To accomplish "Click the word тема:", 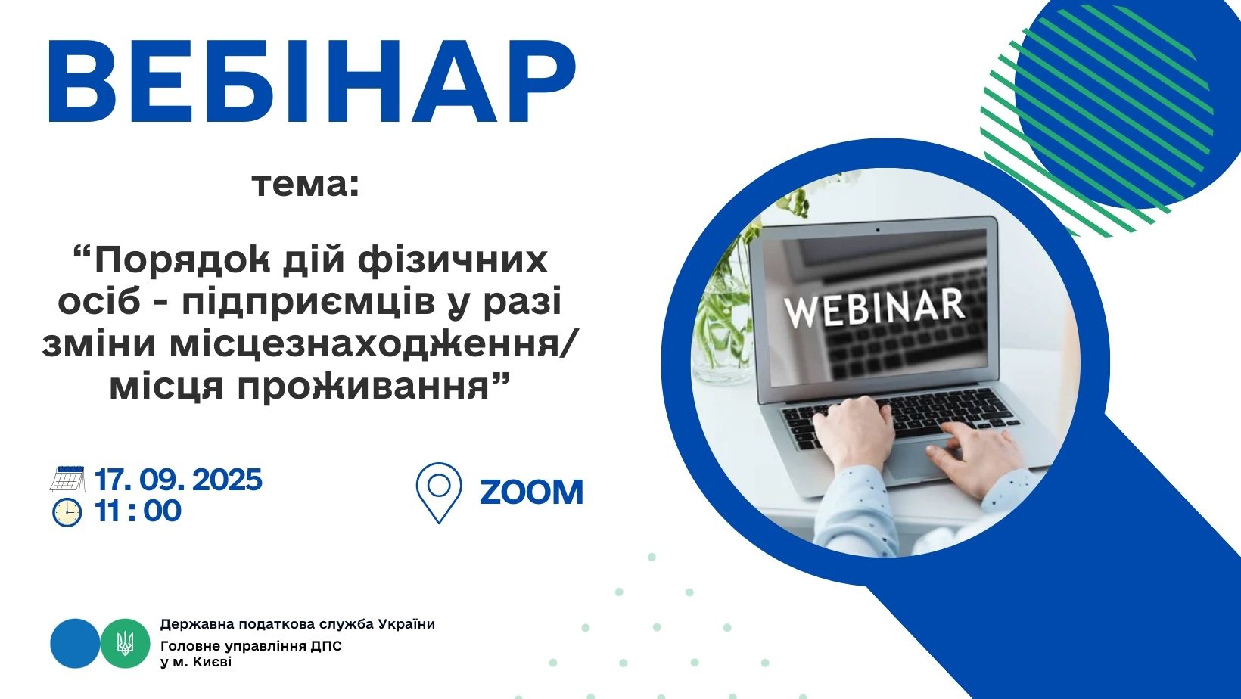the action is tap(306, 185).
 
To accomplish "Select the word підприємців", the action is tap(308, 303).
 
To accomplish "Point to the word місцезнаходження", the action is tap(365, 343).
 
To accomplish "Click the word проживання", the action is tap(364, 386).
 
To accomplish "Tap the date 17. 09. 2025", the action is tap(179, 480).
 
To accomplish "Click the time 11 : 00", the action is tap(138, 511).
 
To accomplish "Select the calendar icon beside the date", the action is tap(67, 479).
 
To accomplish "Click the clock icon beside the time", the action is tap(67, 512).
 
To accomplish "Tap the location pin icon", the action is tap(439, 493).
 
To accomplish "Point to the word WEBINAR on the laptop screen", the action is tap(874, 308).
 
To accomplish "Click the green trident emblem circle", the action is tap(125, 643).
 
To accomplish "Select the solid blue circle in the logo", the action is tap(76, 643).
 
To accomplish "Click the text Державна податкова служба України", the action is tap(297, 624).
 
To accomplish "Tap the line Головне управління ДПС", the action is tap(251, 646).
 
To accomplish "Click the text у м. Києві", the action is tap(196, 662).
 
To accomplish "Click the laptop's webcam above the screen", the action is tap(878, 229).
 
